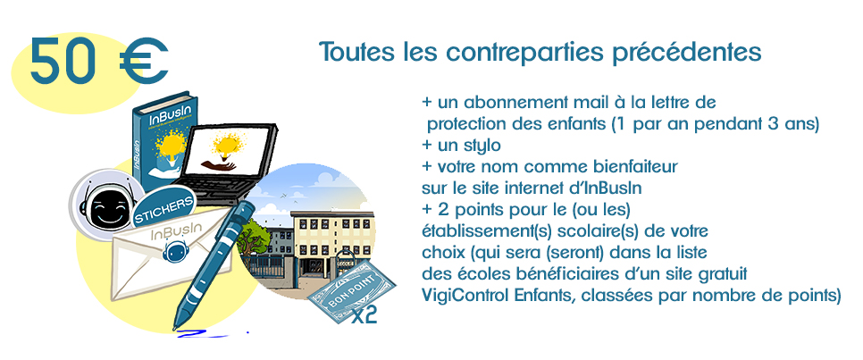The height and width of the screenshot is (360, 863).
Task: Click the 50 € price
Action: [x=100, y=60]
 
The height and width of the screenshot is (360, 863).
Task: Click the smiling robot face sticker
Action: [x=104, y=205]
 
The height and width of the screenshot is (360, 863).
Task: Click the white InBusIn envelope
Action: [x=165, y=254]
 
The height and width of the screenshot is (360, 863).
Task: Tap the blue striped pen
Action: [x=212, y=265]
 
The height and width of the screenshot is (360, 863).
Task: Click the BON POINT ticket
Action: [x=350, y=290]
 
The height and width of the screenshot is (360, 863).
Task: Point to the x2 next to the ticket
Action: [x=364, y=315]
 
